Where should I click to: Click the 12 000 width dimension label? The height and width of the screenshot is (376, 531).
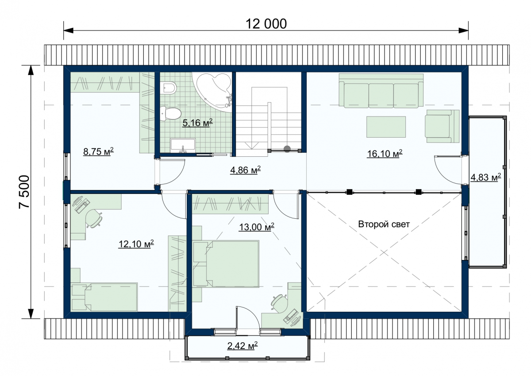(266, 24)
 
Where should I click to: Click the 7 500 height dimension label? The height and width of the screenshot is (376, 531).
(24, 192)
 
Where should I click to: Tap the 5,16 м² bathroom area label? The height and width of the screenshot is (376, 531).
(197, 123)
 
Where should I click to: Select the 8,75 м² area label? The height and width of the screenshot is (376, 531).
(98, 151)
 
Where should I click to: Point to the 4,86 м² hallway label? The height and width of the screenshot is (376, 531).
(245, 170)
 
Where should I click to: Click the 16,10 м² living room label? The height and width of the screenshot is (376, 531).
(385, 154)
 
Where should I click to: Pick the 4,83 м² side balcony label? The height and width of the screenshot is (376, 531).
(485, 177)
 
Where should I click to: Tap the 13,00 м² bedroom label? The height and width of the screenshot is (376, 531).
(257, 227)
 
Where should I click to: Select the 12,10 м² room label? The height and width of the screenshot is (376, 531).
(136, 244)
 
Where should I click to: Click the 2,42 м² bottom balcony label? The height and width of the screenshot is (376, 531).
(242, 346)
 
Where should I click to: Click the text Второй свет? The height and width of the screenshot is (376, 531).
(384, 224)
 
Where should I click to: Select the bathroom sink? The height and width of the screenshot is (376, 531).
(183, 146)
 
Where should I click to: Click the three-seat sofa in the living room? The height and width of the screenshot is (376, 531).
(381, 91)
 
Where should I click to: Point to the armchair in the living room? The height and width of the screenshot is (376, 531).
(442, 126)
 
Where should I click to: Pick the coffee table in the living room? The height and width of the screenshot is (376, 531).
(386, 127)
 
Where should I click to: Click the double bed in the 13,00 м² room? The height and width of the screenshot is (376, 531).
(226, 264)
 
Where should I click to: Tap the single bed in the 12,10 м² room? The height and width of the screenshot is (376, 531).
(104, 297)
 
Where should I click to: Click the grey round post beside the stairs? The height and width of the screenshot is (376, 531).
(287, 149)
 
